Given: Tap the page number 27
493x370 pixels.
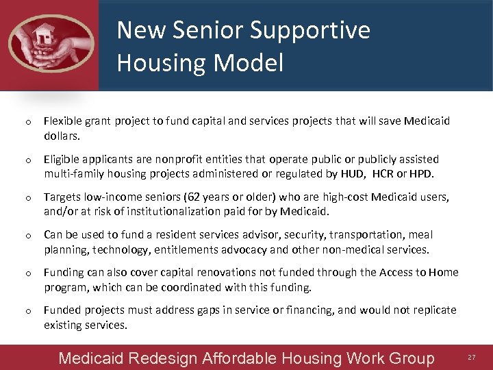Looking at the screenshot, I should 471,358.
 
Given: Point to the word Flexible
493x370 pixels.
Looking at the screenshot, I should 64,121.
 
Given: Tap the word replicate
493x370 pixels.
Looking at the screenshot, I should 433,310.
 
